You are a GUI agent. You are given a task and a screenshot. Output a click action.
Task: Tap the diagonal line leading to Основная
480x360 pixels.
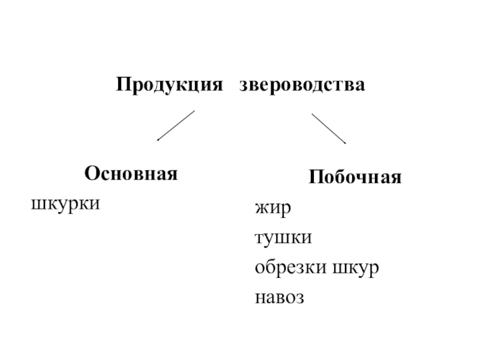click(x=176, y=125)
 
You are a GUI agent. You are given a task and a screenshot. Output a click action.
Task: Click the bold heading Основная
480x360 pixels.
click(x=131, y=174)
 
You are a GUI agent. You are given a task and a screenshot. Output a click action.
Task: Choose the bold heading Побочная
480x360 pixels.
click(x=355, y=178)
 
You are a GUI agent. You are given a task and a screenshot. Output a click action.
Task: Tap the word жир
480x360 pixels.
click(x=272, y=209)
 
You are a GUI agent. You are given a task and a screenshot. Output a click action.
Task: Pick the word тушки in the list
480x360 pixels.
click(x=283, y=238)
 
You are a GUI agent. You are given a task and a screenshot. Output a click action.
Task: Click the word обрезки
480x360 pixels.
click(x=289, y=267)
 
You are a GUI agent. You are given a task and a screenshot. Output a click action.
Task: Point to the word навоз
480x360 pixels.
click(x=280, y=296)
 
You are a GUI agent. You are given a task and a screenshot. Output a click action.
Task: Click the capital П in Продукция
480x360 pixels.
click(x=122, y=84)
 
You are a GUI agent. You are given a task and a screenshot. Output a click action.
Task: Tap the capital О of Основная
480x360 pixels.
click(x=91, y=174)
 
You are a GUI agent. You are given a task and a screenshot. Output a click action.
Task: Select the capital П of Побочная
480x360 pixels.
click(x=316, y=178)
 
